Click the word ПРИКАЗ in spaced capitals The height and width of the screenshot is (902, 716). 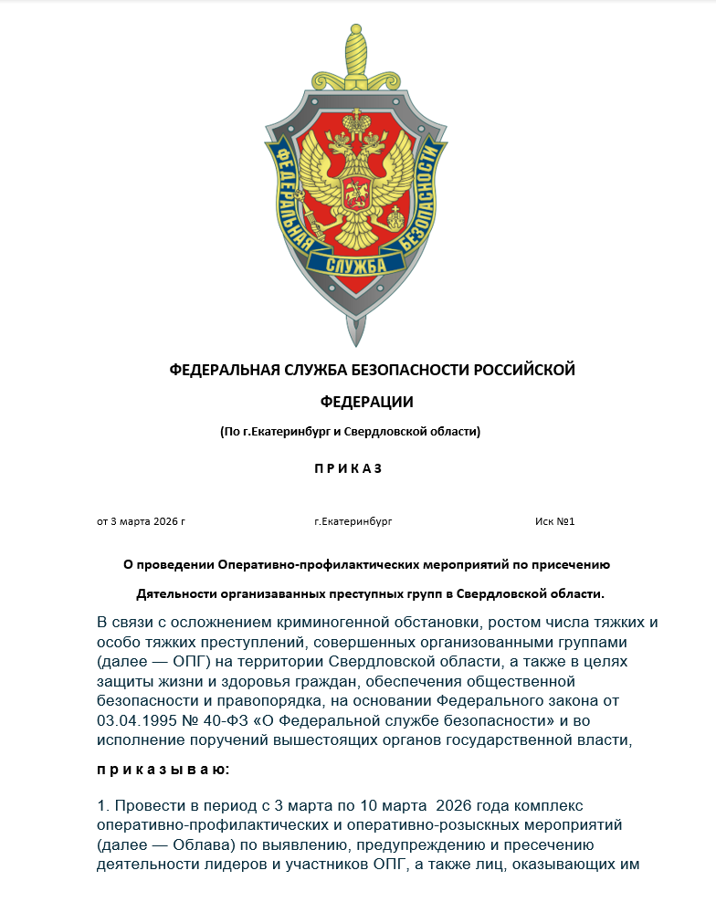(x=349, y=468)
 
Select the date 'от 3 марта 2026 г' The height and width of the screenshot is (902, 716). (x=142, y=521)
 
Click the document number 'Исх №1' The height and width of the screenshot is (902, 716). (x=554, y=521)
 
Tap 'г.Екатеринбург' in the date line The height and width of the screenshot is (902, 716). (x=353, y=521)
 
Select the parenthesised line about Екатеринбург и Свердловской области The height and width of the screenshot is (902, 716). (x=350, y=431)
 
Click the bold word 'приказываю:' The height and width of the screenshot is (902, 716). (x=163, y=770)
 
